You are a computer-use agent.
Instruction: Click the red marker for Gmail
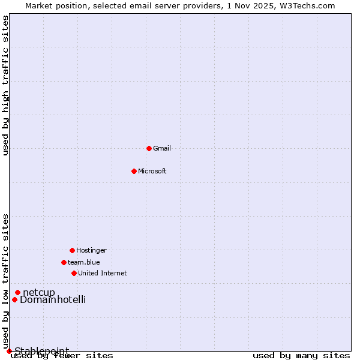[149, 148]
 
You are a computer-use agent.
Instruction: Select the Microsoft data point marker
[134, 171]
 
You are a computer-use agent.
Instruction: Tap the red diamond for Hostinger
[72, 250]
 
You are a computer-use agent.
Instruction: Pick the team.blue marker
[64, 262]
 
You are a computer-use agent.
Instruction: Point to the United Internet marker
[74, 273]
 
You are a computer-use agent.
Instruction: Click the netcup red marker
[17, 292]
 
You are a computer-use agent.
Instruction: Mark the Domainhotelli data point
[14, 299]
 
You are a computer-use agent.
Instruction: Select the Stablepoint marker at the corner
[9, 351]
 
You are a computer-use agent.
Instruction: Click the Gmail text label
[162, 148]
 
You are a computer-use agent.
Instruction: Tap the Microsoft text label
[152, 171]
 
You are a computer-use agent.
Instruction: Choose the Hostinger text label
[91, 250]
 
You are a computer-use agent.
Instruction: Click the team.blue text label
[84, 262]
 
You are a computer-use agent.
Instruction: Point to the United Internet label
[103, 273]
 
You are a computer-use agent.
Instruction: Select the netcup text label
[39, 292]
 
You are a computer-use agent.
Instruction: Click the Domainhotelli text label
[53, 299]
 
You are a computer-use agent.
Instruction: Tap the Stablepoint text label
[42, 351]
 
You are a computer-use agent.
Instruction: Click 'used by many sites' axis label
[301, 356]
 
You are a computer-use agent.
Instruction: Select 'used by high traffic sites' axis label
[5, 85]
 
